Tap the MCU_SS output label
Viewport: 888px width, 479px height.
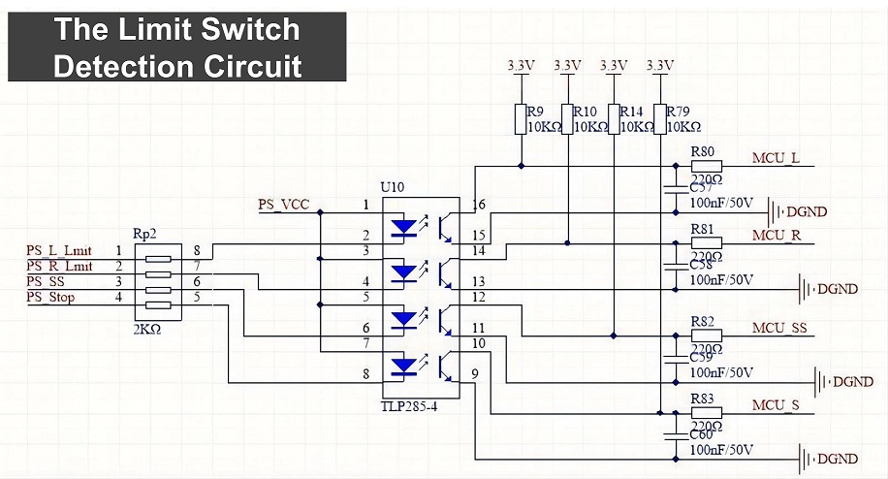(778, 329)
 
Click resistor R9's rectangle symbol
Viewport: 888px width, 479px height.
(521, 119)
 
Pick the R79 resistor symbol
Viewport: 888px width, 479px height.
(659, 119)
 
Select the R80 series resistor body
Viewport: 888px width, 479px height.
(706, 166)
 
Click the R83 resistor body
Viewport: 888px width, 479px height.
(706, 413)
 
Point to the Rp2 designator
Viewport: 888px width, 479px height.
(144, 235)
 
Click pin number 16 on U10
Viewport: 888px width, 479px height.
(479, 205)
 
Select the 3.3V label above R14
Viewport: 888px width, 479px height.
(613, 66)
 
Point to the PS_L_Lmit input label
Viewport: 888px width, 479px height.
(59, 251)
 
